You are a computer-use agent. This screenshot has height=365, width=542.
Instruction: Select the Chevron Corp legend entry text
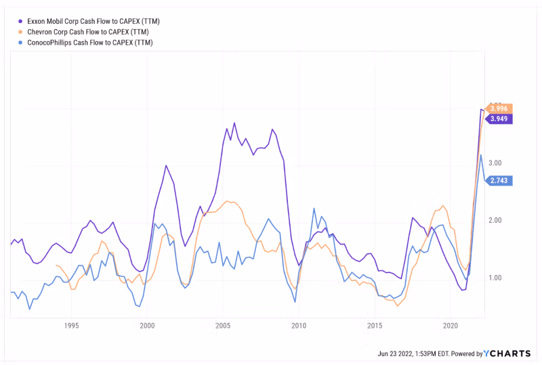[87, 32]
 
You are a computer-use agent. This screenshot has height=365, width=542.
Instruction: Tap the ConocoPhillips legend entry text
[89, 43]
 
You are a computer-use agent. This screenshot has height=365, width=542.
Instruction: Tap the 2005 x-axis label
[224, 326]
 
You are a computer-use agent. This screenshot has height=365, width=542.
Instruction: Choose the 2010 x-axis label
[299, 326]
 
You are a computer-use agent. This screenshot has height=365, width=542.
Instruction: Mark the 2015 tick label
[375, 326]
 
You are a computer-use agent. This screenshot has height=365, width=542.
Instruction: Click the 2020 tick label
[451, 326]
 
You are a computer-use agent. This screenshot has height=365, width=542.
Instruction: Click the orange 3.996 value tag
[499, 108]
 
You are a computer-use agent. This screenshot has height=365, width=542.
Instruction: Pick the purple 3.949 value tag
[499, 119]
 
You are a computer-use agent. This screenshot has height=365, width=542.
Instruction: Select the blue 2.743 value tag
[499, 181]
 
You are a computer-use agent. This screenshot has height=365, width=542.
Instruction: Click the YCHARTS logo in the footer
[510, 353]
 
